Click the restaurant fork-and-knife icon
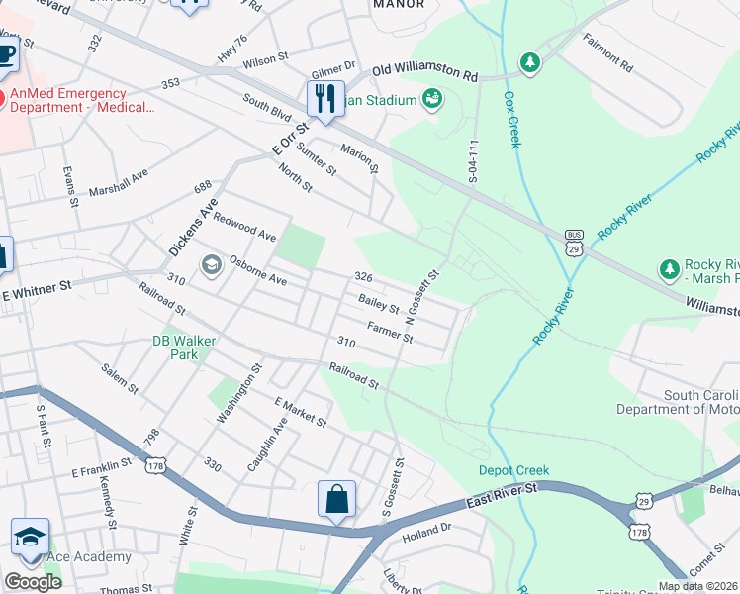324,100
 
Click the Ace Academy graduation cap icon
30,538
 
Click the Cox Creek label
511,120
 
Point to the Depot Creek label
513,470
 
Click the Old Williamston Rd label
424,74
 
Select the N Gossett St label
423,298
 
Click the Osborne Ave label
258,274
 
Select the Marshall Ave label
118,181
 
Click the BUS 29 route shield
574,243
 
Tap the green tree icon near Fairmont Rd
531,62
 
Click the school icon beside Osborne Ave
210,264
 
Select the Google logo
33,582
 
